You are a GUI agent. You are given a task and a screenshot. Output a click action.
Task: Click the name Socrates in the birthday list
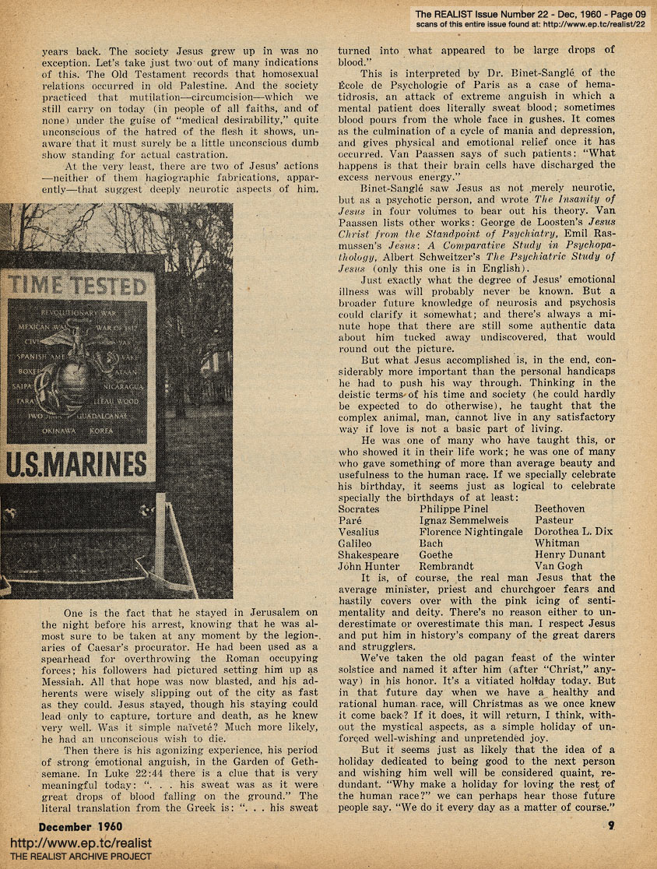364,508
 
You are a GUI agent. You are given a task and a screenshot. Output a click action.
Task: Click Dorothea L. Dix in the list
574,532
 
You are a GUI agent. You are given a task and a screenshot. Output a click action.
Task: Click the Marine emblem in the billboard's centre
79,374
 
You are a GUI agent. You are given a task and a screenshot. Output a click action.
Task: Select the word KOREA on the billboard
102,430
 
